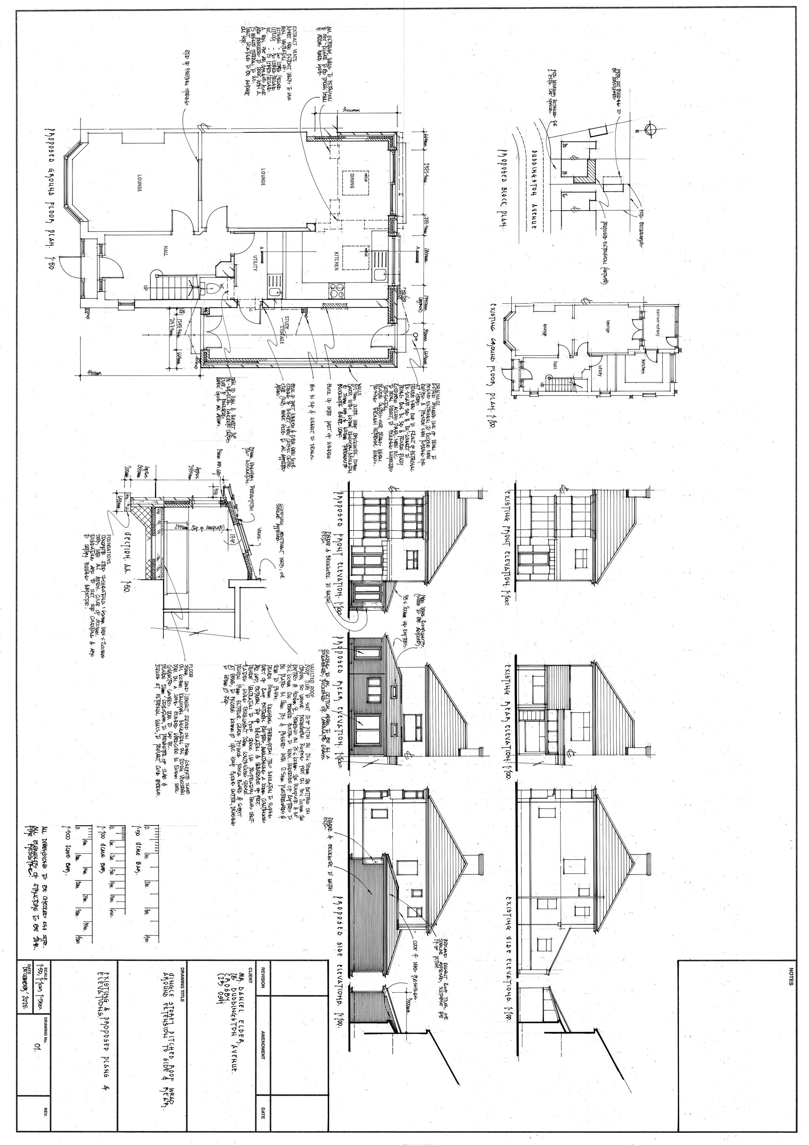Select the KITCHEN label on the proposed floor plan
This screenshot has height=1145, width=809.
click(337, 260)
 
